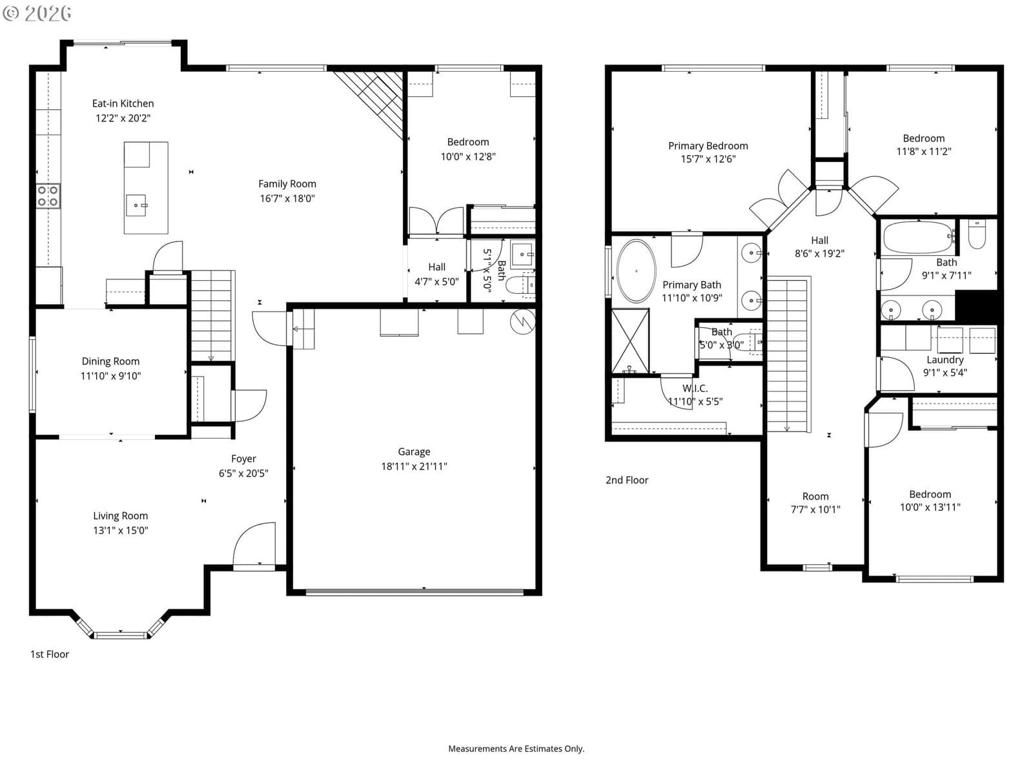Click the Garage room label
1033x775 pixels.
[x=414, y=451]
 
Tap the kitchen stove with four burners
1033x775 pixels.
[x=48, y=196]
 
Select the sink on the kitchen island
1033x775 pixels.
[x=136, y=205]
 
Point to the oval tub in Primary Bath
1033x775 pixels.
[x=636, y=271]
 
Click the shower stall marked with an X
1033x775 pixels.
[x=630, y=341]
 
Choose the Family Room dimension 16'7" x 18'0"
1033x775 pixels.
[x=287, y=198]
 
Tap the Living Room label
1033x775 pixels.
[x=121, y=516]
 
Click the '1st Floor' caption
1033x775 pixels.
[x=50, y=654]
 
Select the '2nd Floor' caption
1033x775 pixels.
[x=627, y=480]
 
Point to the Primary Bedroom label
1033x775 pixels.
[x=708, y=146]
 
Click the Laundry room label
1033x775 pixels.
[x=945, y=360]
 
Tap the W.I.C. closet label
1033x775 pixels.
[x=695, y=388]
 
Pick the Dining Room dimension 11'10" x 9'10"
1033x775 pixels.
[x=110, y=375]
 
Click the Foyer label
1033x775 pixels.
[x=243, y=459]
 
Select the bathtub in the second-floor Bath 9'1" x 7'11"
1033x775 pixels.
[x=918, y=238]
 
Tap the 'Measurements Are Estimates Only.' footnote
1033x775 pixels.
[x=516, y=749]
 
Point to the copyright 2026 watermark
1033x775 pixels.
[x=37, y=13]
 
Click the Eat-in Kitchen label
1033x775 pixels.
[x=123, y=103]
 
